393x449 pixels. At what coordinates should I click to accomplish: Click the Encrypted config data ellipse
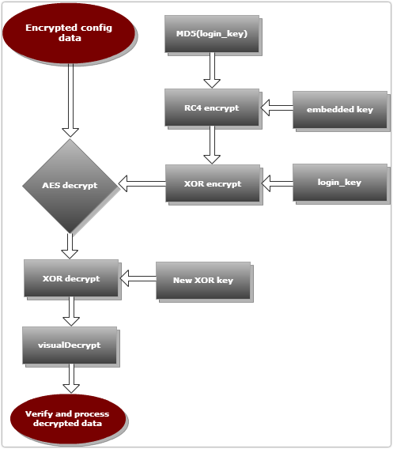(x=69, y=33)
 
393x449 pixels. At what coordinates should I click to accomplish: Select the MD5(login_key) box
(x=212, y=34)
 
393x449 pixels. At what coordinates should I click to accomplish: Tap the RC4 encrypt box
(x=212, y=108)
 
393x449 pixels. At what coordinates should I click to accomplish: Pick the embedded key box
(x=340, y=110)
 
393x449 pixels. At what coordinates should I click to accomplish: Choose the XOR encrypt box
(x=213, y=183)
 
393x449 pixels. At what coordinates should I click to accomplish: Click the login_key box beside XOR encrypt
(x=340, y=183)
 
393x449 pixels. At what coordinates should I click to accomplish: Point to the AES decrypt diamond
(x=70, y=186)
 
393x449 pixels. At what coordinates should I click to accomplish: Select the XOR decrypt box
(x=71, y=278)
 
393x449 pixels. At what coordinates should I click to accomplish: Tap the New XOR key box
(x=203, y=281)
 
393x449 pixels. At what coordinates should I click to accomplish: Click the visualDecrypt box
(x=70, y=345)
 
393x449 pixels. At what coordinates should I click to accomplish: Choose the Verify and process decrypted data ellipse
(x=68, y=419)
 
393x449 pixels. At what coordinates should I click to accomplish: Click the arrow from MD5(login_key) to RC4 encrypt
(x=212, y=70)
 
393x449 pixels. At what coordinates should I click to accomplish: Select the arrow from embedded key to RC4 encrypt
(x=277, y=108)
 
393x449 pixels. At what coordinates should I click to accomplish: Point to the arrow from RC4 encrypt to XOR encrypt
(x=212, y=145)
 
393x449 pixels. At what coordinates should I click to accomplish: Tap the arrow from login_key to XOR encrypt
(x=278, y=183)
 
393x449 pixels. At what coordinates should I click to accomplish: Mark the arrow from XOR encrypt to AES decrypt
(x=142, y=183)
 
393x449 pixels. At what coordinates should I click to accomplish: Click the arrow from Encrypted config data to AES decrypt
(x=70, y=100)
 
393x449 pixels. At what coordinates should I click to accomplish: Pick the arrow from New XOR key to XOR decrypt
(x=138, y=278)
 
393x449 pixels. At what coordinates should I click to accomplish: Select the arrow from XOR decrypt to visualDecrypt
(x=71, y=311)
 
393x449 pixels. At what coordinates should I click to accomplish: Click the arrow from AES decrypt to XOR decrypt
(x=70, y=246)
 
